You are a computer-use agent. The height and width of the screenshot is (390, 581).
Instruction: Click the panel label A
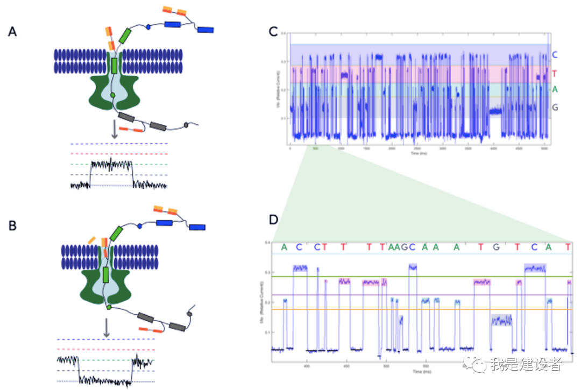coord(12,32)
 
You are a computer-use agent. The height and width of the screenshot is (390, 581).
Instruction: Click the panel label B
coord(12,226)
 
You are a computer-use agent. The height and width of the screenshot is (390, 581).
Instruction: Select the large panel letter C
coord(273,32)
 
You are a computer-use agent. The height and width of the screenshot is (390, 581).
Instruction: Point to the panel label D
coord(274,221)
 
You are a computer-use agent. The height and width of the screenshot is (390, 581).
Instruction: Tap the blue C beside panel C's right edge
coord(555,55)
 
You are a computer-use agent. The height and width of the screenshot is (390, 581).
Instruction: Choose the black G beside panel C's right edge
coord(555,108)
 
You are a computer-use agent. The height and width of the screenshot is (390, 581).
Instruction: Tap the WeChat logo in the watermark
coord(477,365)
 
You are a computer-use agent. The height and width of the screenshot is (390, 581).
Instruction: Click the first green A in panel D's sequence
coord(284,247)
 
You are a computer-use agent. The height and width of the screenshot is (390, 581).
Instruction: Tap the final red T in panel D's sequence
coord(568,247)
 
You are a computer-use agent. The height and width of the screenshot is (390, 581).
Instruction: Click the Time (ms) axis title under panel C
coord(419,153)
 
